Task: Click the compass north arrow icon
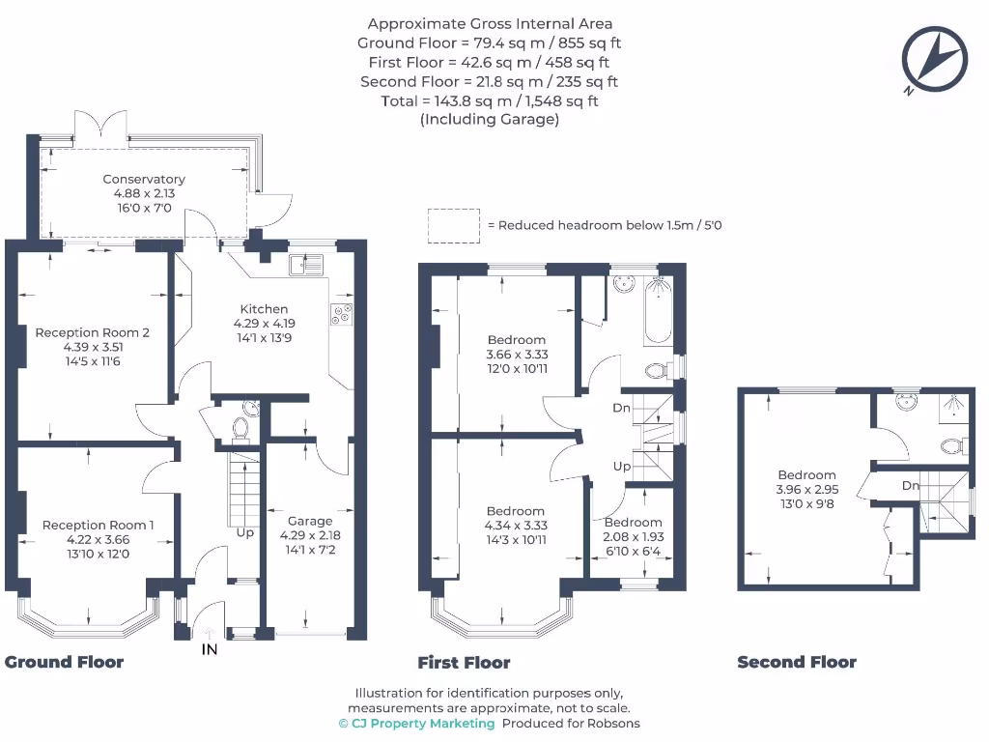click(934, 60)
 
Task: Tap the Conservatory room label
click(144, 180)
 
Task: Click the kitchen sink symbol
click(310, 264)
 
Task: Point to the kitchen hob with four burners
click(342, 313)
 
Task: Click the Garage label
click(310, 521)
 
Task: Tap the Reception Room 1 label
click(98, 526)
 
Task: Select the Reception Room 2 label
click(93, 332)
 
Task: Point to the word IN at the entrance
click(209, 650)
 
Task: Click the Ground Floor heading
click(64, 662)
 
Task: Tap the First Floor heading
click(464, 663)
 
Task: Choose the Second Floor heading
click(796, 662)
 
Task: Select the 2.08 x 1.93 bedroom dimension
click(634, 537)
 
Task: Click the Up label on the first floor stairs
click(622, 467)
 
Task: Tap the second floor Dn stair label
click(910, 486)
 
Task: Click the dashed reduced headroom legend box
click(454, 225)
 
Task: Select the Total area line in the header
click(489, 101)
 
